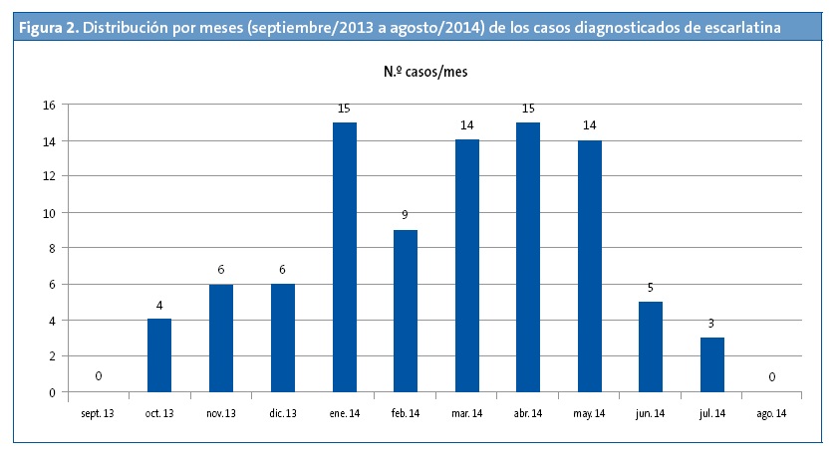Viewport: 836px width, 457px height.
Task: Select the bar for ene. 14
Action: click(344, 257)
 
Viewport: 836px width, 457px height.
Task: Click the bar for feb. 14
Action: click(405, 311)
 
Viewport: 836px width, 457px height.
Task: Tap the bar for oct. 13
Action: click(159, 355)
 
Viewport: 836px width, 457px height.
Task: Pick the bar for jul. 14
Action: click(711, 364)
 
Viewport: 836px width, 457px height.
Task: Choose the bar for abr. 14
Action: click(528, 257)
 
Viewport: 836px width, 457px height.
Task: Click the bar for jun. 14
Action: click(651, 346)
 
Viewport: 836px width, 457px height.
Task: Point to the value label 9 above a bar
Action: click(405, 213)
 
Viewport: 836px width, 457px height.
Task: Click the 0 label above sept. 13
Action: click(98, 375)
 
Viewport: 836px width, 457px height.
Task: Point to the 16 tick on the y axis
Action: click(48, 105)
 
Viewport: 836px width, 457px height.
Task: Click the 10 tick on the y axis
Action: click(48, 212)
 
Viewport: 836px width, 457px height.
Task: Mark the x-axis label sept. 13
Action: click(98, 412)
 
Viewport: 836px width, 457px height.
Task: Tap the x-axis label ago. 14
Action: click(772, 412)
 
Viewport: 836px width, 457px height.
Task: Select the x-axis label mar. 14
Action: click(466, 412)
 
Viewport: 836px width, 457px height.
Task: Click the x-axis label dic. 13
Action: click(282, 412)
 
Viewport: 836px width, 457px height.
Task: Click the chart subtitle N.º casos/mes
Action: click(425, 72)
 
